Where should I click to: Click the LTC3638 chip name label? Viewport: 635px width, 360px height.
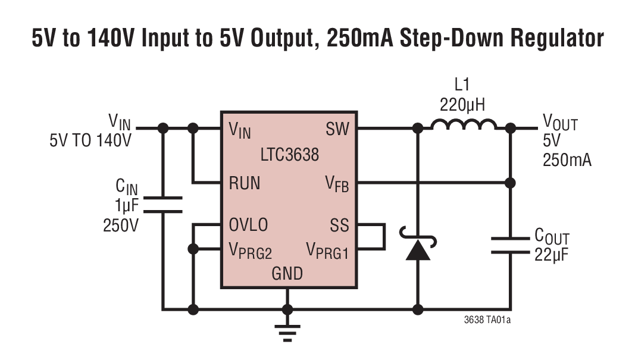point(289,155)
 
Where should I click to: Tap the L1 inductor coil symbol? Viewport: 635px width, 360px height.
point(464,125)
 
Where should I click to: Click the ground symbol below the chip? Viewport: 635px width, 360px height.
point(287,331)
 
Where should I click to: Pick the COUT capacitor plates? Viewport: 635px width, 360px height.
point(510,246)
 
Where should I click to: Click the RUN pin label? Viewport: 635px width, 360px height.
point(245,183)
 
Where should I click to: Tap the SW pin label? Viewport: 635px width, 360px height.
point(337,129)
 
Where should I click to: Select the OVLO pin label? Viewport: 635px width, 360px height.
point(248,226)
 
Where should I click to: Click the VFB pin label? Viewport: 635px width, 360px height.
point(337,184)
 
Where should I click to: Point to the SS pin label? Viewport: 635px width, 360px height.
point(340,226)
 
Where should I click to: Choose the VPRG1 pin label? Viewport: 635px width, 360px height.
point(327,251)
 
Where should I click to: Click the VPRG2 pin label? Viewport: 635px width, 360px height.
point(250,251)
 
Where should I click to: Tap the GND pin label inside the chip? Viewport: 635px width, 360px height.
point(287,274)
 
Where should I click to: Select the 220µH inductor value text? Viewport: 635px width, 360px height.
point(462,105)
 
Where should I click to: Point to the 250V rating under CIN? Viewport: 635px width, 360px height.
point(121,226)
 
